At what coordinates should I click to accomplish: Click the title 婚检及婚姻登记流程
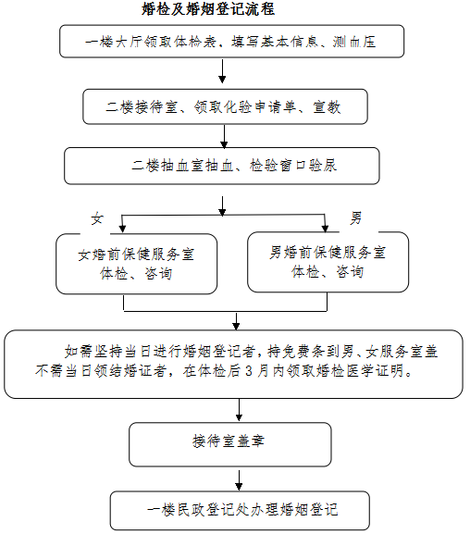pyautogui.click(x=208, y=9)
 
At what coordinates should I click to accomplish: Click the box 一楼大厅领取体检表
pyautogui.click(x=232, y=42)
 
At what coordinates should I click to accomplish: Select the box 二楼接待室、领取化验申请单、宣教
pyautogui.click(x=225, y=106)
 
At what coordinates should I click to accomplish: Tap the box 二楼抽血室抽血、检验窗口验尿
pyautogui.click(x=222, y=166)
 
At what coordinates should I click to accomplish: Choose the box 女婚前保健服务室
pyautogui.click(x=137, y=264)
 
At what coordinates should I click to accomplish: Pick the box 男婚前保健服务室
pyautogui.click(x=328, y=262)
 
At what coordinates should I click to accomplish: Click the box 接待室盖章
pyautogui.click(x=230, y=444)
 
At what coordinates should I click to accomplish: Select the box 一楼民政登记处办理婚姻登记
pyautogui.click(x=240, y=510)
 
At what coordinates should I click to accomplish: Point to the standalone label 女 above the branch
pyautogui.click(x=97, y=218)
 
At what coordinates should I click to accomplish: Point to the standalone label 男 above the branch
pyautogui.click(x=356, y=217)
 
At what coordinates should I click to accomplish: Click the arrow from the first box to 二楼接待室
pyautogui.click(x=222, y=71)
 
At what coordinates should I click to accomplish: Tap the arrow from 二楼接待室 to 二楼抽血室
pyautogui.click(x=224, y=137)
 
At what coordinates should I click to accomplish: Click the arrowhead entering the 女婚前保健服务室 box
pyautogui.click(x=122, y=229)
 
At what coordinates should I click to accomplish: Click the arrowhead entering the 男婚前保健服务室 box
pyautogui.click(x=326, y=229)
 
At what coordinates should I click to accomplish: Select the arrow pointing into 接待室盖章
pyautogui.click(x=239, y=410)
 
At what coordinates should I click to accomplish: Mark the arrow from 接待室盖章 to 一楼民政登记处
pyautogui.click(x=239, y=480)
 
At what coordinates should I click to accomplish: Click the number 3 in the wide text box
pyautogui.click(x=249, y=371)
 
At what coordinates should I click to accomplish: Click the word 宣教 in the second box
pyautogui.click(x=327, y=107)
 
